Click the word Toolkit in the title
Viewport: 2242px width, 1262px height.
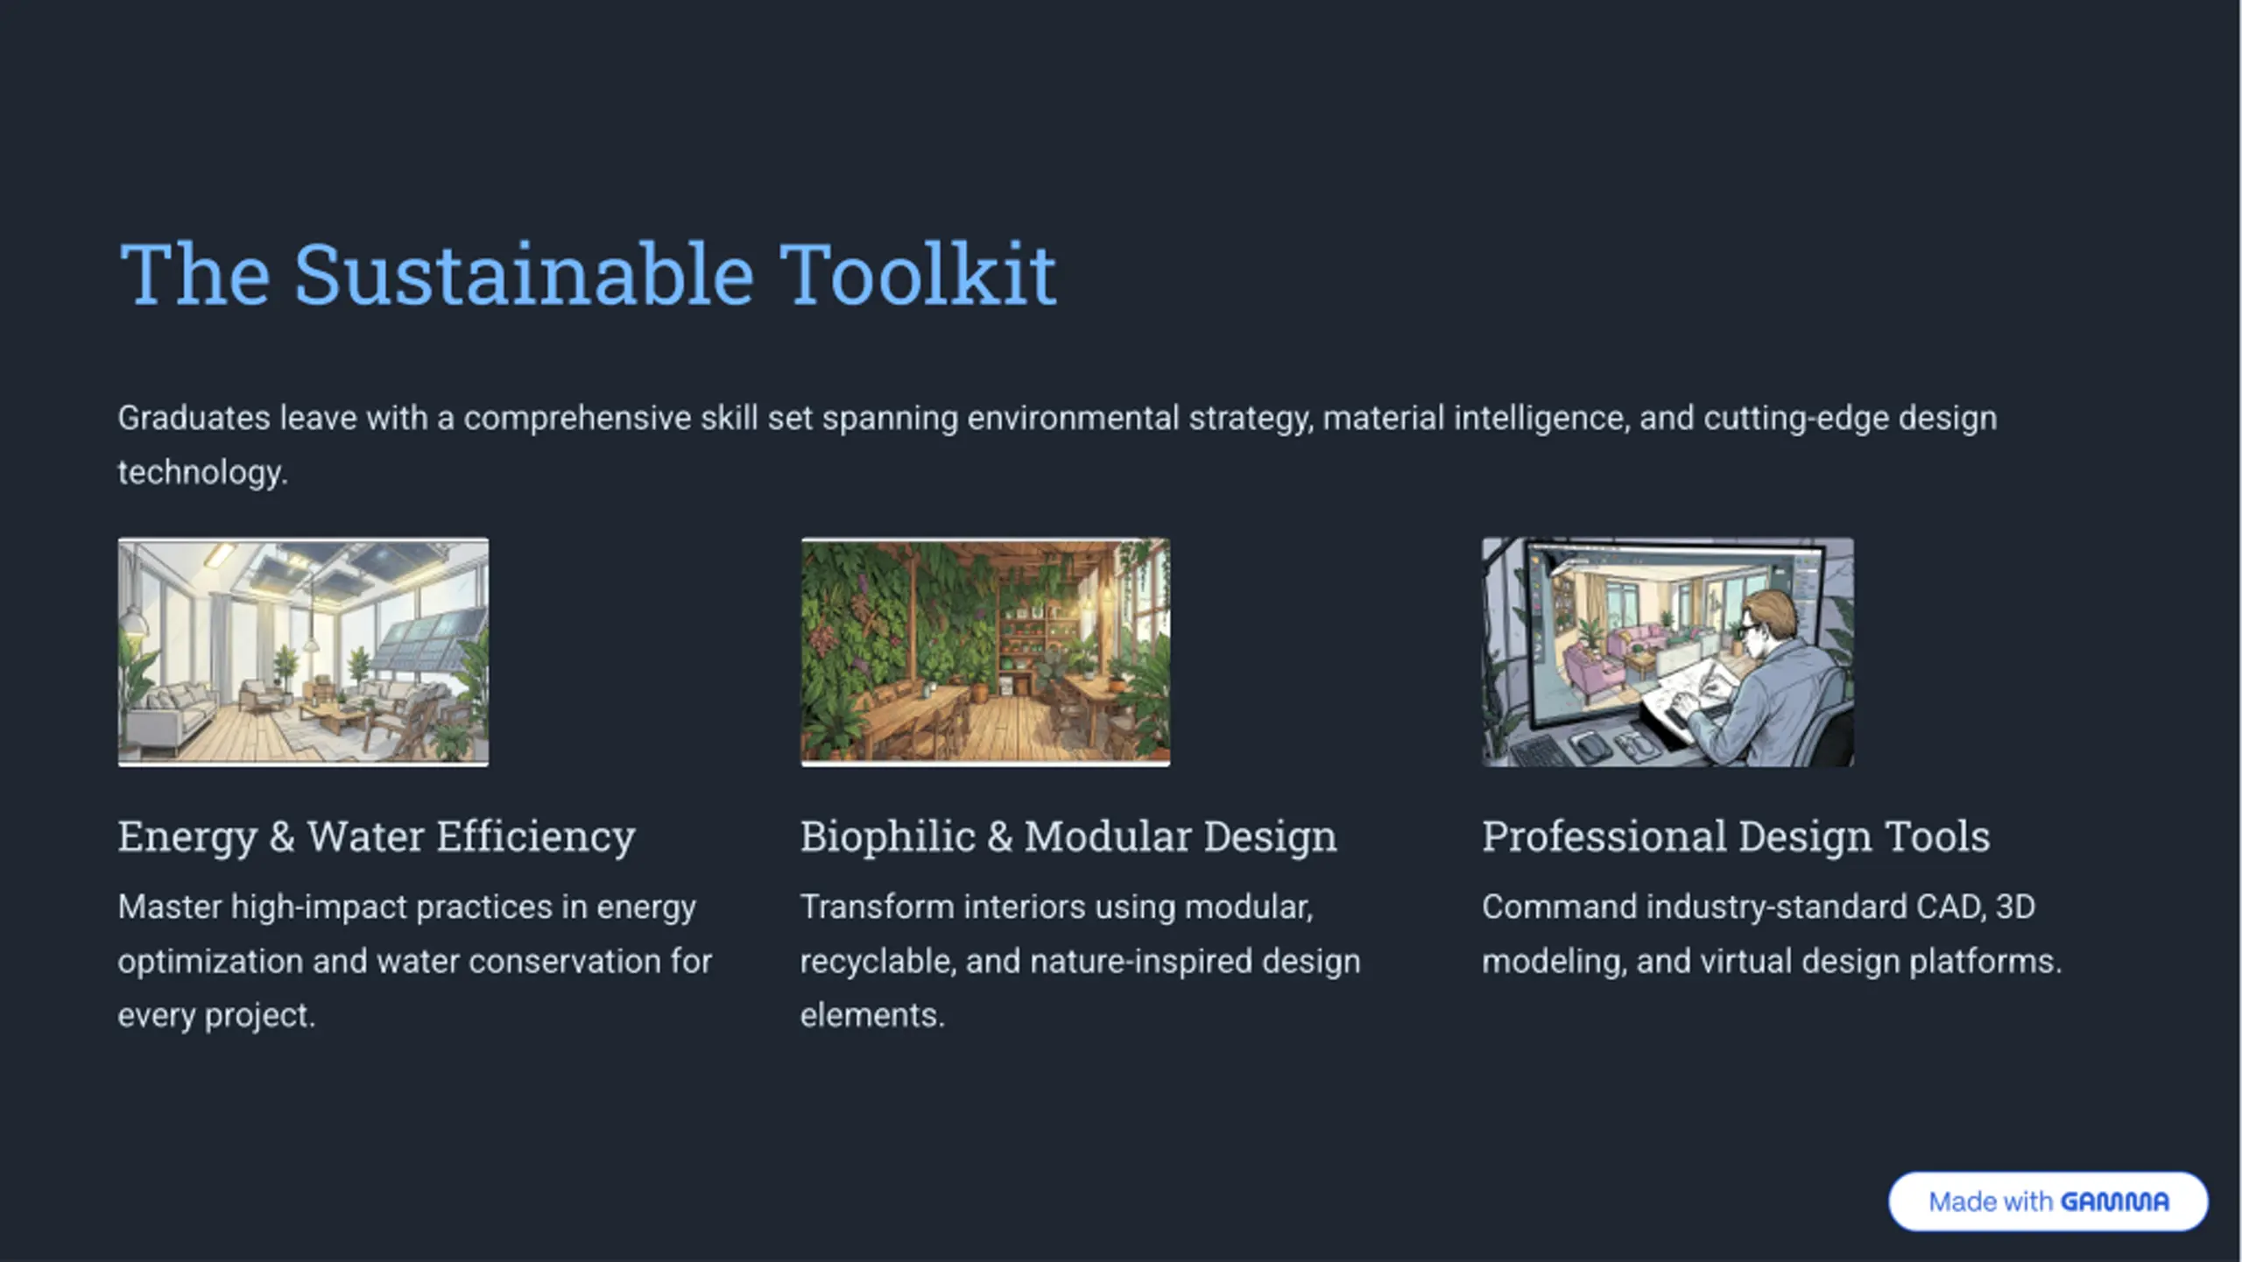pyautogui.click(x=917, y=274)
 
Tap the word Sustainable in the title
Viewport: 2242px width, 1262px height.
pyautogui.click(x=523, y=274)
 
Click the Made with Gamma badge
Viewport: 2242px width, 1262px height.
pyautogui.click(x=2048, y=1201)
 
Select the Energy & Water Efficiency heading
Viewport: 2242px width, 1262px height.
pyautogui.click(x=377, y=836)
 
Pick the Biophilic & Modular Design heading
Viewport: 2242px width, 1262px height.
pyautogui.click(x=1068, y=836)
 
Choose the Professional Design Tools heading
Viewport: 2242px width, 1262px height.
pyautogui.click(x=1736, y=836)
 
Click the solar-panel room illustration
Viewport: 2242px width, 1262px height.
pyautogui.click(x=303, y=652)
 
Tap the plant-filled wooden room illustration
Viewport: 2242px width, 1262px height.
pyautogui.click(x=985, y=652)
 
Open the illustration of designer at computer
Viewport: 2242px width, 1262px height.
pyautogui.click(x=1667, y=652)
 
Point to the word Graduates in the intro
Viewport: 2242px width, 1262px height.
pyautogui.click(x=194, y=418)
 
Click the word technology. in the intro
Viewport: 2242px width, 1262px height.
pyautogui.click(x=202, y=472)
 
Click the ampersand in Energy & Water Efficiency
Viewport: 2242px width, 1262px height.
pyautogui.click(x=282, y=836)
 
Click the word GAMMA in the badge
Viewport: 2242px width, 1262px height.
pyautogui.click(x=2115, y=1202)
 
